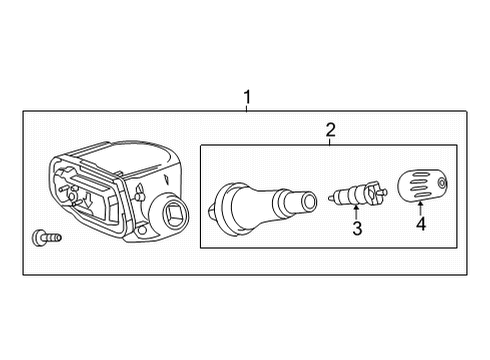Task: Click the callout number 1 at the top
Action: click(247, 97)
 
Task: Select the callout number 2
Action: click(330, 128)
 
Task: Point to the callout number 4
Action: click(420, 224)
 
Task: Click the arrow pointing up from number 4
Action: click(420, 205)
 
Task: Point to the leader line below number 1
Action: click(247, 108)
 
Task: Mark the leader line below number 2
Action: click(330, 139)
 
